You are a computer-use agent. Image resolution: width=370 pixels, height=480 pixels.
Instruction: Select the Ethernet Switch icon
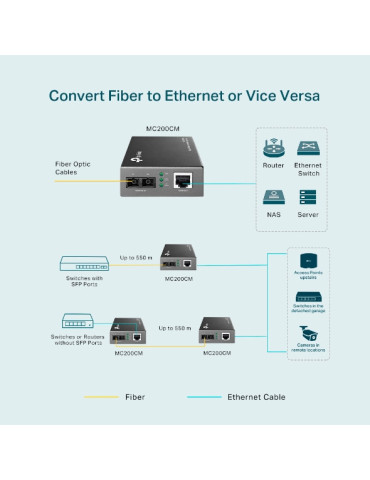pyautogui.click(x=308, y=147)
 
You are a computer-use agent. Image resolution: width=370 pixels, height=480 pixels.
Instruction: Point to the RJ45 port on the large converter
pyautogui.click(x=183, y=181)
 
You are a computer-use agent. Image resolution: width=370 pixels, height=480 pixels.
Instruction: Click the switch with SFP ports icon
pyautogui.click(x=84, y=264)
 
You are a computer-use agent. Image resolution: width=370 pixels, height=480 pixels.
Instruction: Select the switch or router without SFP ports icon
pyautogui.click(x=78, y=322)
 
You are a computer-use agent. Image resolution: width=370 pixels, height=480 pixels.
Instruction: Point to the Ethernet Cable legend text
pyautogui.click(x=255, y=397)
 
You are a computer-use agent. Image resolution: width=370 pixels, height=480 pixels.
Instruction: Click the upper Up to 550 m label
pyautogui.click(x=136, y=257)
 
